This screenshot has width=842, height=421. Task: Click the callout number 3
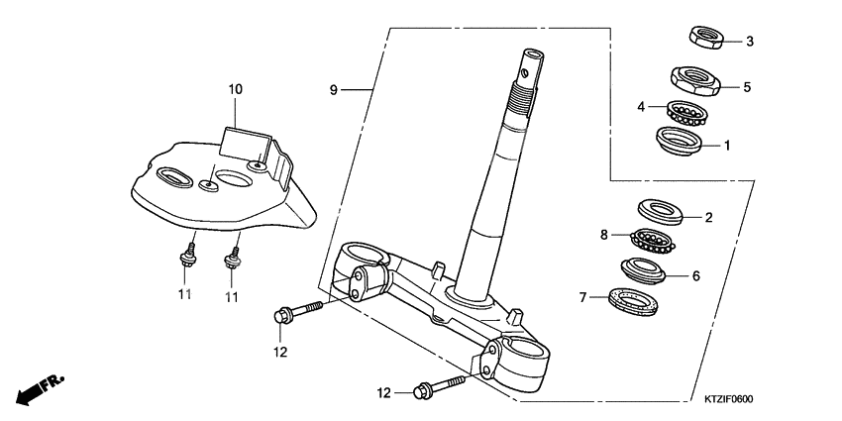point(750,42)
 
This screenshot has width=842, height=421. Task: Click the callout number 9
point(334,90)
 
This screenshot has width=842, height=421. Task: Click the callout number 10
point(235,89)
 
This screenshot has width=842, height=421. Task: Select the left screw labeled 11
point(186,259)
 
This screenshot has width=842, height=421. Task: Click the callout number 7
point(584,296)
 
